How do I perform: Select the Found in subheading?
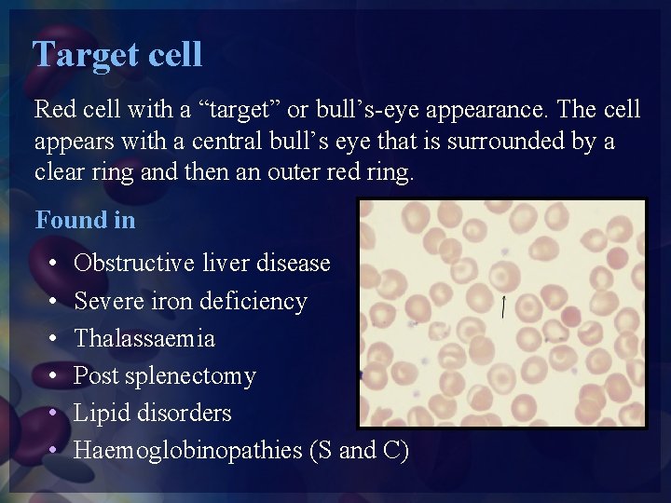[x=85, y=221]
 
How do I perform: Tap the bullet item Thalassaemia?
[x=144, y=338]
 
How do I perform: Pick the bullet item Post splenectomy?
[x=164, y=375]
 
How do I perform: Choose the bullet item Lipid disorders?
[x=152, y=413]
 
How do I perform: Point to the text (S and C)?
[x=359, y=450]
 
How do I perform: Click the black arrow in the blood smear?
[x=503, y=307]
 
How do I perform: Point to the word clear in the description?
[x=59, y=173]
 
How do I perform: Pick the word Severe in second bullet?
[x=102, y=301]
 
